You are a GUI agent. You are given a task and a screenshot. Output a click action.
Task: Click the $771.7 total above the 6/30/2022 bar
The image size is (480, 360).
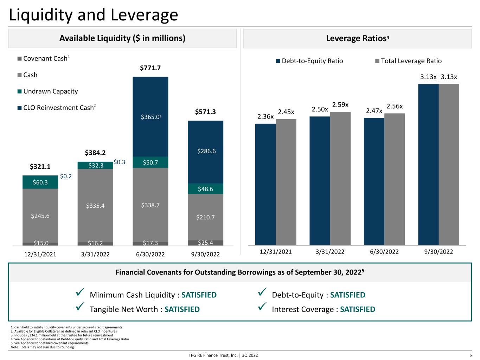150,68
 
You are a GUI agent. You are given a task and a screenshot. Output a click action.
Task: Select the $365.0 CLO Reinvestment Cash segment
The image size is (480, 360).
151,117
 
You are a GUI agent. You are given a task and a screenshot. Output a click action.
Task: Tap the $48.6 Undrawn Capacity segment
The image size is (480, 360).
206,189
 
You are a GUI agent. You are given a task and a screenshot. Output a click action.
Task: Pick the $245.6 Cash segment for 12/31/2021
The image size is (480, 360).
40,216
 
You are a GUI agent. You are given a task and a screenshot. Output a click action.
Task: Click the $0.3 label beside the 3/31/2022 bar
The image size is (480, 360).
120,162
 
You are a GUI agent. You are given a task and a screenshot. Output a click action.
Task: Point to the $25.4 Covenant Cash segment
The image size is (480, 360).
206,243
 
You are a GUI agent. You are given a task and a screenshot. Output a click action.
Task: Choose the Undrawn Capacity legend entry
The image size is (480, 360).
48,91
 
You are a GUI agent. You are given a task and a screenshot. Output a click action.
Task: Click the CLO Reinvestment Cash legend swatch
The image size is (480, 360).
19,108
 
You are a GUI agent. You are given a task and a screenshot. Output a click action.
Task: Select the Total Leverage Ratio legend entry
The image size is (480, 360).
408,61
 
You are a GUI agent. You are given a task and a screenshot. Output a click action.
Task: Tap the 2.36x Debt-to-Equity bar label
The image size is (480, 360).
265,116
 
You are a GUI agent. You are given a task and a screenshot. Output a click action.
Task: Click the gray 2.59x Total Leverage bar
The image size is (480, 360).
340,178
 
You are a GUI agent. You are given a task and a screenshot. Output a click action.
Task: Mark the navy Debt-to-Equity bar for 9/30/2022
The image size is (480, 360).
428,165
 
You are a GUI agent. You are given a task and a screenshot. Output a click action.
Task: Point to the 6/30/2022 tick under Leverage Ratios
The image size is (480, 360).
384,252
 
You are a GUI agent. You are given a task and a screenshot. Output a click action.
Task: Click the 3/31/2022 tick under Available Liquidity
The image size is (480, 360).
95,254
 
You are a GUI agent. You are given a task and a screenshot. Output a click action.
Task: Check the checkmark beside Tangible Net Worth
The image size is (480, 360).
80,306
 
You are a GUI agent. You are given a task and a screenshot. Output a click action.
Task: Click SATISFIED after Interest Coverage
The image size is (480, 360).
358,309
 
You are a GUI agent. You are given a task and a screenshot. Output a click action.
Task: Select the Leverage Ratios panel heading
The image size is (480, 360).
357,38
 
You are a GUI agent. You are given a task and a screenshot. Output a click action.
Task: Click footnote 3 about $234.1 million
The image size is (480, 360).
62,335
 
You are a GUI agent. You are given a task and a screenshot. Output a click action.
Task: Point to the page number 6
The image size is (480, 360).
471,355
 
